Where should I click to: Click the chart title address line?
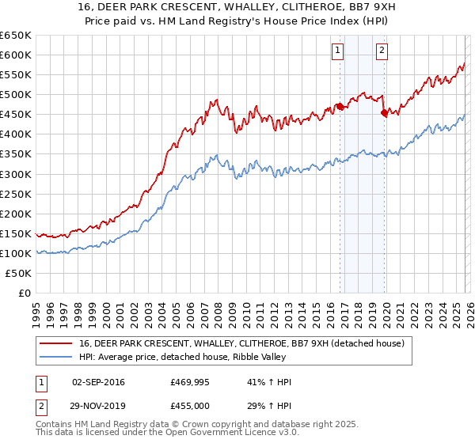(237, 7)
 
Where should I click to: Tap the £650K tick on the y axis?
(16, 36)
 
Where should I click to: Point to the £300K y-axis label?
(16, 174)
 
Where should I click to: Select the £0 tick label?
(24, 293)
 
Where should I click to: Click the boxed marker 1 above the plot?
(337, 51)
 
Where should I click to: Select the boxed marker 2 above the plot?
(382, 51)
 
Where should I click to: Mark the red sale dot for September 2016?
(340, 106)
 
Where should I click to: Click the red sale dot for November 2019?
(385, 113)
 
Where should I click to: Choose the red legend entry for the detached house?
(241, 343)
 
